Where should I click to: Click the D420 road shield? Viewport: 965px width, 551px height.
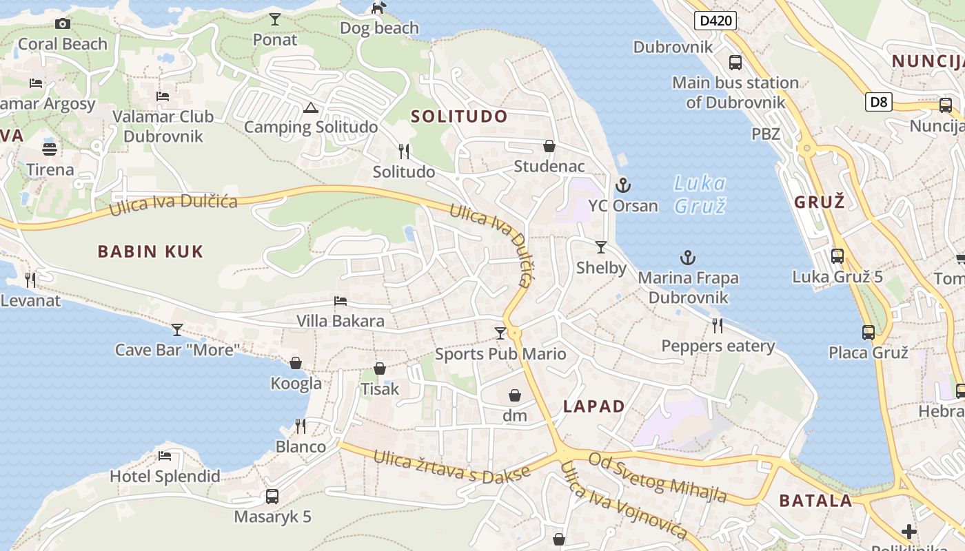coord(715,21)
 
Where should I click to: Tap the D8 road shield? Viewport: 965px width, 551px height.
coord(879,103)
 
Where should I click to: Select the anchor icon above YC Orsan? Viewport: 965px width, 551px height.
coord(623,185)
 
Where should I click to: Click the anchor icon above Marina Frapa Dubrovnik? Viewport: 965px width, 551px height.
coord(688,258)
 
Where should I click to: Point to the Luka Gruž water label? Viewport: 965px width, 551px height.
coord(700,194)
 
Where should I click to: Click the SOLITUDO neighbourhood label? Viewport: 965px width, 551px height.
coord(459,116)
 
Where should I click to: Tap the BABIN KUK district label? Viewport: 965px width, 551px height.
coord(150,251)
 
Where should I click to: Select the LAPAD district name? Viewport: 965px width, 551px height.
coord(593,406)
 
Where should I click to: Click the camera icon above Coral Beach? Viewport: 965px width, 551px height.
coord(63,24)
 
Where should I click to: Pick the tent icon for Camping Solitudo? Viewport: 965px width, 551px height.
coord(310,107)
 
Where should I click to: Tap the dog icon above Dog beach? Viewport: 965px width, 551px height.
coord(379,8)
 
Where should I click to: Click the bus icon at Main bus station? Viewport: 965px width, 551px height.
coord(735,63)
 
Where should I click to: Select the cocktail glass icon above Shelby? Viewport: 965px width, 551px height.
coord(601,247)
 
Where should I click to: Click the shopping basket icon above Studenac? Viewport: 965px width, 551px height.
coord(549,146)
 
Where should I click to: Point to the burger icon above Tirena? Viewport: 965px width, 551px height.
coord(50,149)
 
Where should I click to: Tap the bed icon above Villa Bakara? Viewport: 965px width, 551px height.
coord(341,301)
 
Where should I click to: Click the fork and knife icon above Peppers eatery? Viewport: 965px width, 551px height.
coord(718,325)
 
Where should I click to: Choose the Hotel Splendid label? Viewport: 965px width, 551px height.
coord(165,476)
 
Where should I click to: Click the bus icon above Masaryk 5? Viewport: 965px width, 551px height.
coord(272,496)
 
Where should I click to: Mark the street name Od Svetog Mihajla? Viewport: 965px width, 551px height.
coord(658,477)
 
